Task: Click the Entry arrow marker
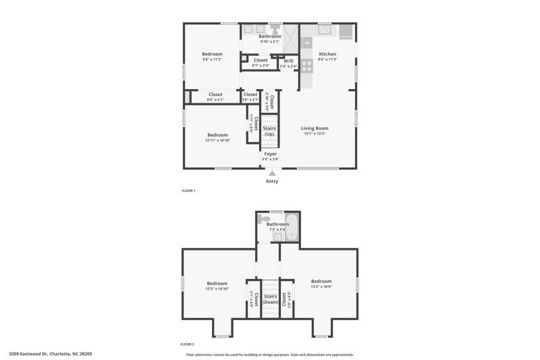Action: pos(272,174)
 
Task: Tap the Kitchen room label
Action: pos(327,54)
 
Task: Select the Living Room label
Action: pos(314,128)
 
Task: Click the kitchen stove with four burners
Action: pos(306,66)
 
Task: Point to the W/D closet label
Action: pos(288,61)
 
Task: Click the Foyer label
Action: pos(270,154)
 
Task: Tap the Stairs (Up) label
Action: pos(269,130)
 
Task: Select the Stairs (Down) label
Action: pos(270,299)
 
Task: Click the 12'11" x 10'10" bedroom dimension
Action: pos(217,140)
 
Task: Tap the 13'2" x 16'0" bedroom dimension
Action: pos(321,286)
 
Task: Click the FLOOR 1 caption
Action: pos(188,191)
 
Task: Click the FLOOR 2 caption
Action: pos(187,344)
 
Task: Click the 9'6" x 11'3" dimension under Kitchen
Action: pos(327,59)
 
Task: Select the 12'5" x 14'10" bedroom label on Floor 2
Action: pos(217,288)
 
